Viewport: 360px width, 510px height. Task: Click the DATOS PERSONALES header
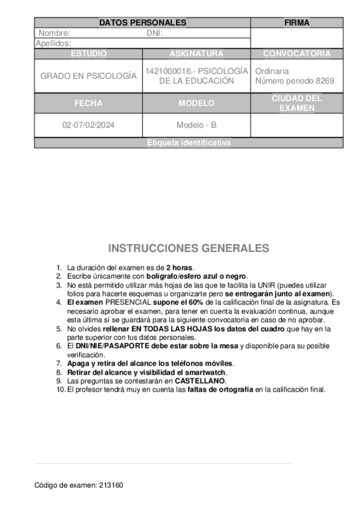142,23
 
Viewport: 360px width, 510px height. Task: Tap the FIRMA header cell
297,23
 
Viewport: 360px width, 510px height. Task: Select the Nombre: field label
55,33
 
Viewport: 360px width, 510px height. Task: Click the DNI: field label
155,33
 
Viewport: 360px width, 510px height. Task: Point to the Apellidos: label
53,43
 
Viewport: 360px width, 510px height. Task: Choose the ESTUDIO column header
88,54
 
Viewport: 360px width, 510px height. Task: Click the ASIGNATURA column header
197,54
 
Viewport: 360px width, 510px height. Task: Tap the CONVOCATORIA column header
297,54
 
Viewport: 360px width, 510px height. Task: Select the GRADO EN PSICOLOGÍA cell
88,76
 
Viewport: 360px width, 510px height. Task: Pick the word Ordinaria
272,71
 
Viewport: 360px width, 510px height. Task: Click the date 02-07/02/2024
88,126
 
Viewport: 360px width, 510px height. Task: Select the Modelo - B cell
197,126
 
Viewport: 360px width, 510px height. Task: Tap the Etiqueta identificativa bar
189,143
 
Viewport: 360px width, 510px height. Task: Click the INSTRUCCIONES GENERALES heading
189,248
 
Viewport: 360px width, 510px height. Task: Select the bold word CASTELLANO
200,381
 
